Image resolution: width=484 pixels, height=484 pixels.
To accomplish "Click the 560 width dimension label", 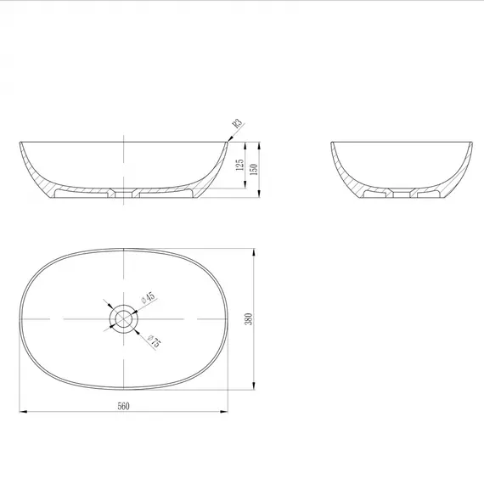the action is click(x=123, y=406).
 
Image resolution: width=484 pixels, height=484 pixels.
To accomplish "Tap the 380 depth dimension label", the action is click(x=249, y=319).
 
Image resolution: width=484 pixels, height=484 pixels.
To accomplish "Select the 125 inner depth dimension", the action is click(x=239, y=165).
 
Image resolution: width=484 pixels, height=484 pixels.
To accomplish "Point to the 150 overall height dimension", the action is click(x=253, y=170).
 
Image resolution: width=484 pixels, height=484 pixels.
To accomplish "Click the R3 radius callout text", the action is click(x=237, y=123).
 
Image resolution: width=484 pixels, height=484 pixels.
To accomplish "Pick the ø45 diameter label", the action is click(x=148, y=298).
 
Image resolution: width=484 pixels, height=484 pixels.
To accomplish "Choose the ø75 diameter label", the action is click(x=155, y=340).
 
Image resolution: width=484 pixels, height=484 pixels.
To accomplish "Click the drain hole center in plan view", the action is click(x=123, y=318).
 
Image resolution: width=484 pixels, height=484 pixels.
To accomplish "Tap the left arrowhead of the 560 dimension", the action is click(x=24, y=412).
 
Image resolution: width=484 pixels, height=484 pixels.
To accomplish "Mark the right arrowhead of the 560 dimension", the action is click(x=224, y=412).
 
